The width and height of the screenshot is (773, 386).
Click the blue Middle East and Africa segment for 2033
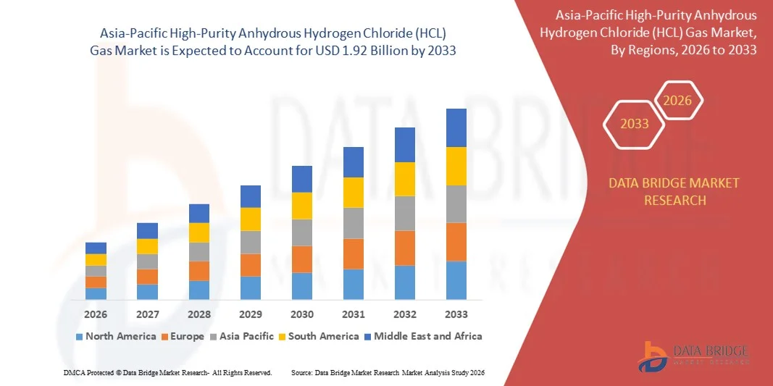[456, 127]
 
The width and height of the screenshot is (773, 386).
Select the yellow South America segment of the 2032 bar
[404, 179]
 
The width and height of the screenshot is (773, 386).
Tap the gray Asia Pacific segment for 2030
[301, 232]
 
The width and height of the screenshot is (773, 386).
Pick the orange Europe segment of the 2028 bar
[199, 271]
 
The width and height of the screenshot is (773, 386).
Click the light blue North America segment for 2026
[96, 293]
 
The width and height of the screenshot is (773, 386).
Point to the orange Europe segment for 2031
[353, 253]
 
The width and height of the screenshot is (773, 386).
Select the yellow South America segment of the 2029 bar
[251, 219]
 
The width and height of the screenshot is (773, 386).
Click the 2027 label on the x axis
[147, 314]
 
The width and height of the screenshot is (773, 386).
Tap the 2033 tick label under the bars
[456, 314]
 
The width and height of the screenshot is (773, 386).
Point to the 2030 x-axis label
[301, 314]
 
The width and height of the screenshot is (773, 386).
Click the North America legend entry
[115, 336]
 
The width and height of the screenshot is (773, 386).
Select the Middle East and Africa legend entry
[422, 336]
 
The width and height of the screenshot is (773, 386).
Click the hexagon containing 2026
[678, 101]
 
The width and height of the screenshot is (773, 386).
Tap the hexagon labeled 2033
[635, 124]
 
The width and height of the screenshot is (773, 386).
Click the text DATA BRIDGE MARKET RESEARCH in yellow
[674, 191]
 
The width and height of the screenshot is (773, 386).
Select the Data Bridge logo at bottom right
[693, 356]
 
